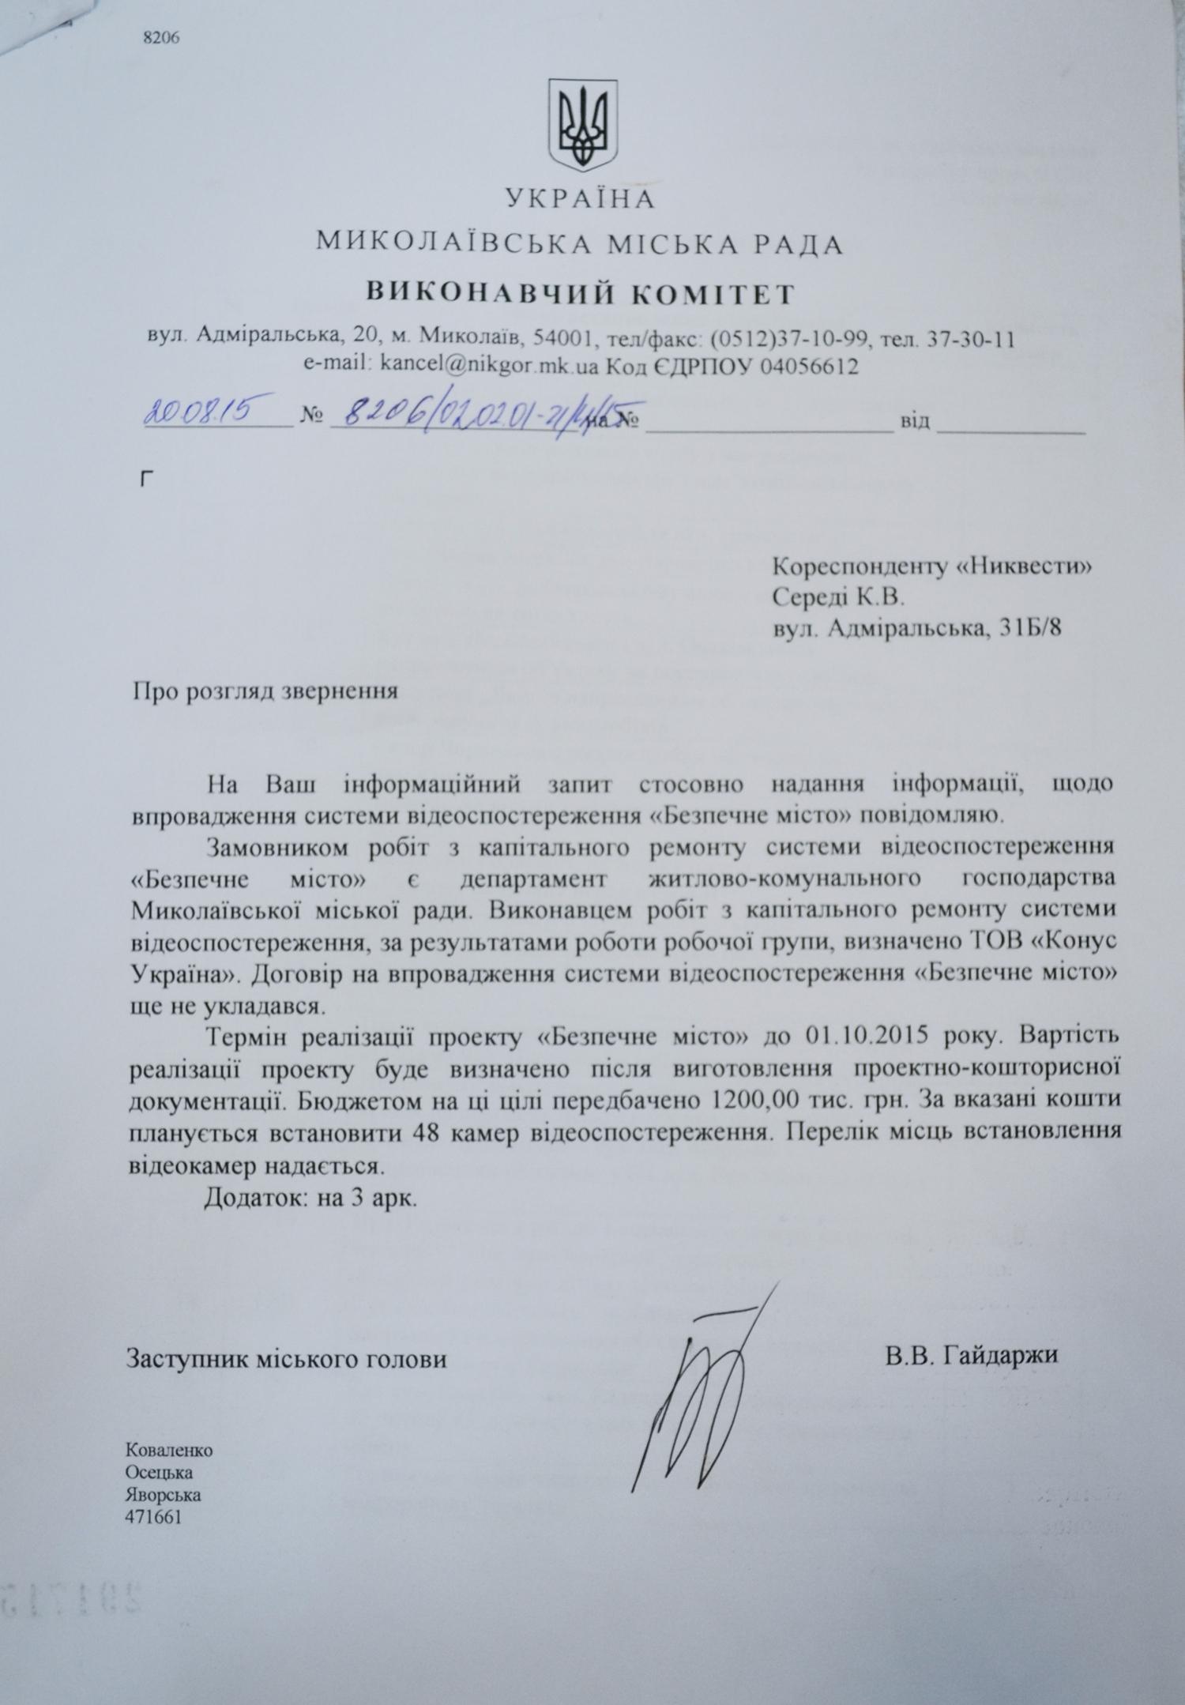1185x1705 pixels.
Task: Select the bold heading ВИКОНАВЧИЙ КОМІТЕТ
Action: coord(581,294)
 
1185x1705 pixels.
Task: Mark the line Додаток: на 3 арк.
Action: coord(310,1197)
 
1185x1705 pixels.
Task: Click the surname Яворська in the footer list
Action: coord(163,1495)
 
